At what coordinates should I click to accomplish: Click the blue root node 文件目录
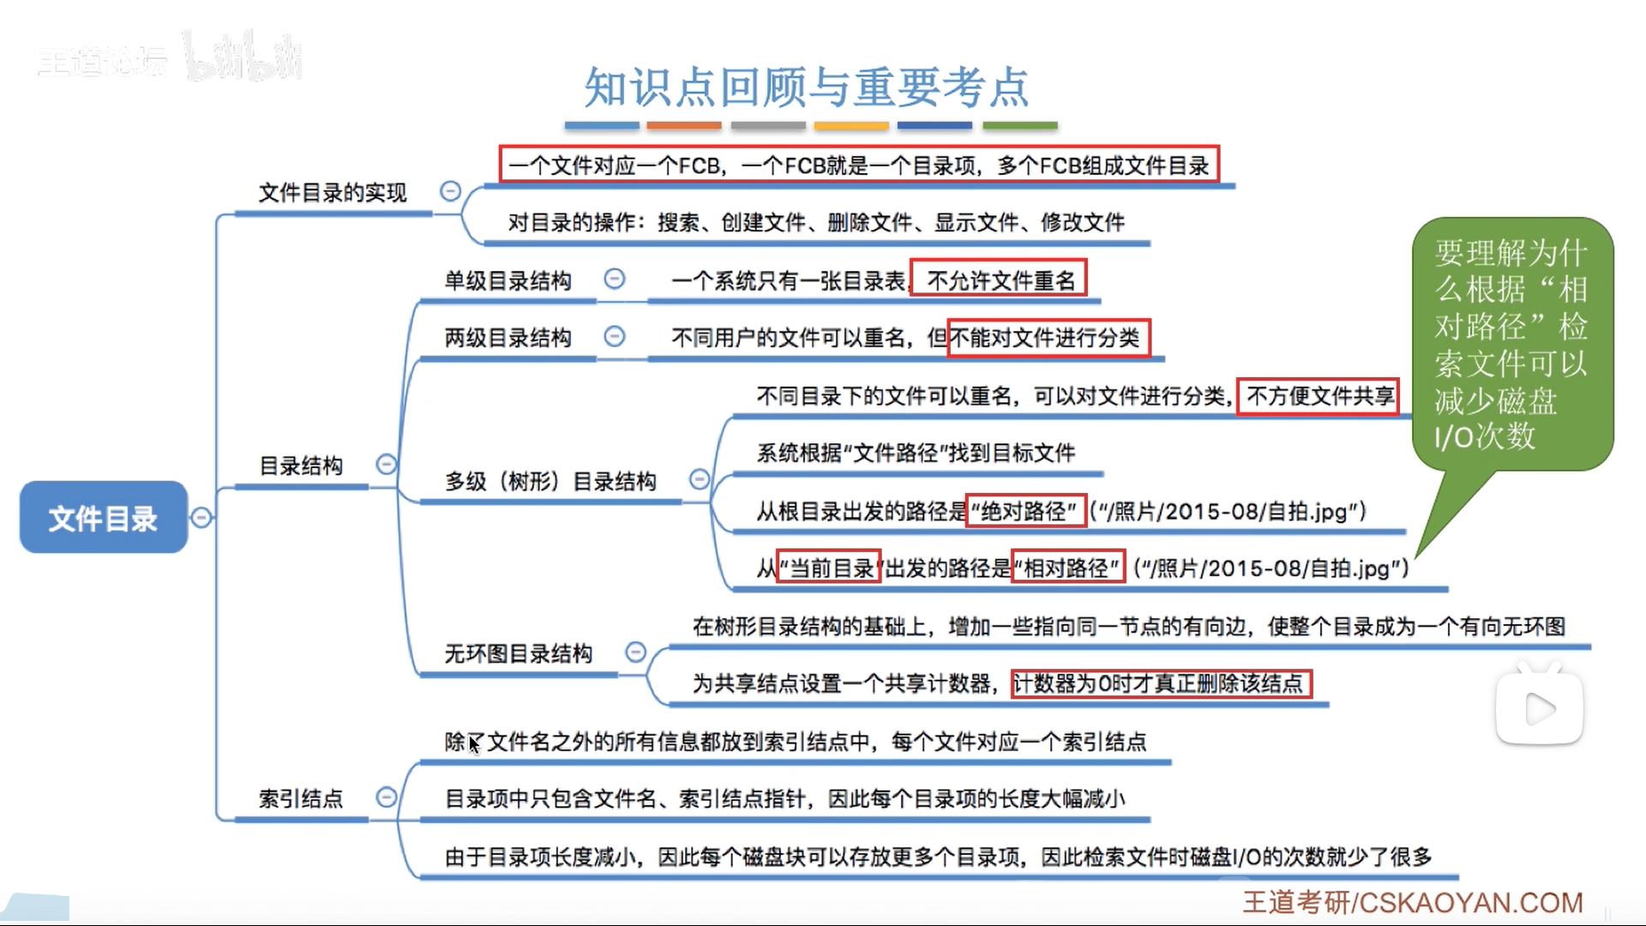(x=103, y=517)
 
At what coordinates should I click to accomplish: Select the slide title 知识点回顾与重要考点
(x=806, y=87)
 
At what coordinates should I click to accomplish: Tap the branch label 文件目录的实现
(x=333, y=193)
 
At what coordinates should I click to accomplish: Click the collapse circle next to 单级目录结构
(x=615, y=279)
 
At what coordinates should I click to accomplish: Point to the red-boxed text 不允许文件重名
(x=999, y=280)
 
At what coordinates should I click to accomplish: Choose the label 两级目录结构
(x=508, y=338)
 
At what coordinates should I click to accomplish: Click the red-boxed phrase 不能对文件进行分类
(x=1048, y=338)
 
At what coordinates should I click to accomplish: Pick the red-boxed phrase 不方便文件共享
(x=1319, y=396)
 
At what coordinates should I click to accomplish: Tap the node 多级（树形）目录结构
(x=550, y=481)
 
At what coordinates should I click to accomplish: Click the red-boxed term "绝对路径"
(x=1026, y=512)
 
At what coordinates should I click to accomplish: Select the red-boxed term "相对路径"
(x=1068, y=568)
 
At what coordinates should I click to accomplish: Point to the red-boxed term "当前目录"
(x=828, y=568)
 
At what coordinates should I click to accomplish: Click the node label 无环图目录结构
(x=518, y=653)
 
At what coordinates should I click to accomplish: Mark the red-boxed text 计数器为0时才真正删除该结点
(x=1161, y=683)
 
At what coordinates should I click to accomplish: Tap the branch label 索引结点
(x=301, y=798)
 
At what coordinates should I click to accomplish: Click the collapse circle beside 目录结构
(x=387, y=464)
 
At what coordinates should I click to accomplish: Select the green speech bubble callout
(x=1511, y=343)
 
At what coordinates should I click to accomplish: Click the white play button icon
(x=1540, y=708)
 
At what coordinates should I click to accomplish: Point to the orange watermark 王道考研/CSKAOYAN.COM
(x=1413, y=902)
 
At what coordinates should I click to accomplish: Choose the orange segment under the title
(x=684, y=126)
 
